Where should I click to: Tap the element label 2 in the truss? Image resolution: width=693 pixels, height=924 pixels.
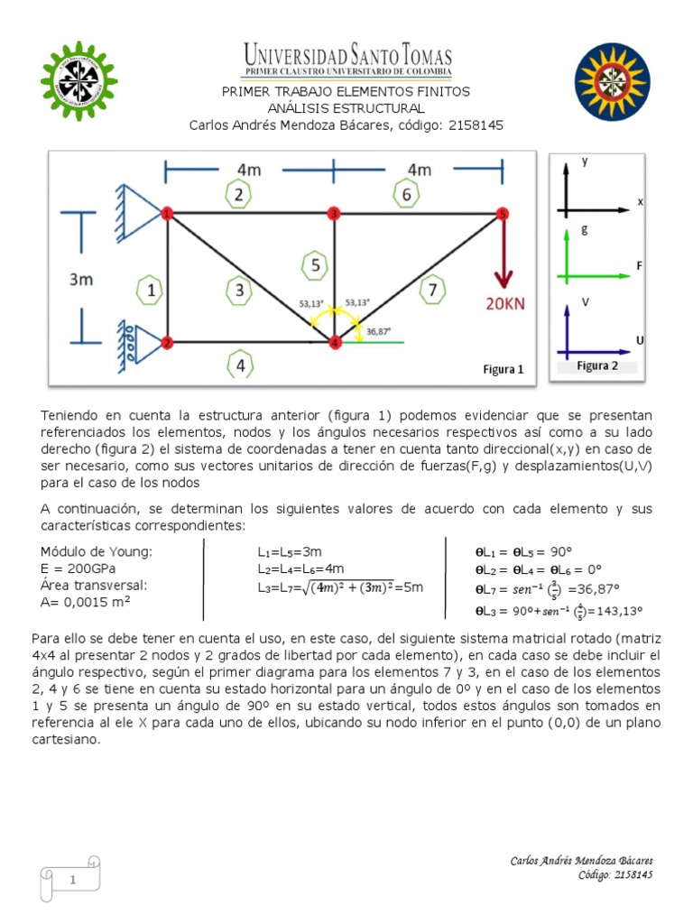coord(238,194)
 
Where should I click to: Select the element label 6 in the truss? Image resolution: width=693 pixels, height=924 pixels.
coord(408,194)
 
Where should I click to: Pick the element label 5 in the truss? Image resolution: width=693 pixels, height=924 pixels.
coord(314,265)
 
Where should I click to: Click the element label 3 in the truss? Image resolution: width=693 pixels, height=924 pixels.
coord(239,290)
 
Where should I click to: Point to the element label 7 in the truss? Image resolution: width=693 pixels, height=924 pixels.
coord(434,290)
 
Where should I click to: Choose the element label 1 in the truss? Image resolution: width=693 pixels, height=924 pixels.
coord(152,290)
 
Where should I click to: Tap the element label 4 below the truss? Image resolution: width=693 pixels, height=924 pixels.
coord(239,365)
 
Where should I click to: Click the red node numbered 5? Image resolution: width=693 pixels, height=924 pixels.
coord(503,214)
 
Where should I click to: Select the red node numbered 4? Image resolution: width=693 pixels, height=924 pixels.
coord(335,342)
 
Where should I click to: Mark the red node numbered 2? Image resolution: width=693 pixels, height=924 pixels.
coord(167,342)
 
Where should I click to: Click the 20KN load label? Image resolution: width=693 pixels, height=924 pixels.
coord(492,304)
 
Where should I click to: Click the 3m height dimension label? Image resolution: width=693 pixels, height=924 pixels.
coord(81,280)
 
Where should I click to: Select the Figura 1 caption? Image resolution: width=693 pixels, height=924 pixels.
coord(504,369)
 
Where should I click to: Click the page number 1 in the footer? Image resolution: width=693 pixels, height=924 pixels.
coord(69,880)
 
